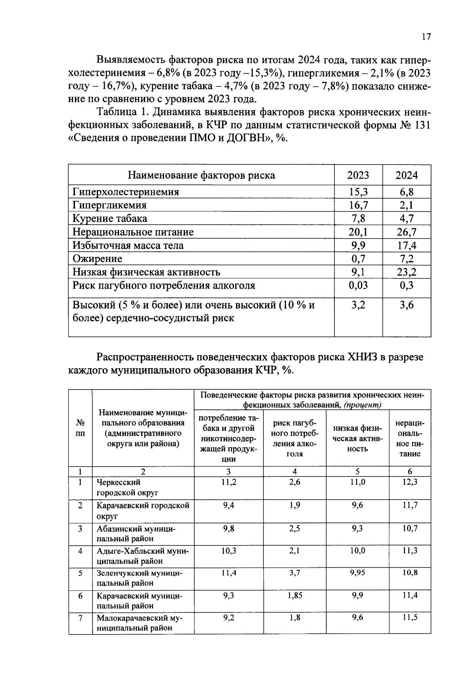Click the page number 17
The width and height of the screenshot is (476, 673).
pos(426,37)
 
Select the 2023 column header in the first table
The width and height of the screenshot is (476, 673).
pos(358,175)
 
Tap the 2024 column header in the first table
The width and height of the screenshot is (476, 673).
pos(407,175)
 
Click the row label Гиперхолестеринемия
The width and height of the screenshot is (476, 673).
pos(126,192)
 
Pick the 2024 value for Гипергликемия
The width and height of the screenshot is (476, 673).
pos(407,205)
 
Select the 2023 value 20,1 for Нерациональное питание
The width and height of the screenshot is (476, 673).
pos(358,232)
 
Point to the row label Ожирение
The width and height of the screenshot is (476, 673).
pos(97,259)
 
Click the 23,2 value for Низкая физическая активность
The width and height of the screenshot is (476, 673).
pos(407,272)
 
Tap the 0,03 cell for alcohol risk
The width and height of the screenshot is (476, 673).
pos(358,285)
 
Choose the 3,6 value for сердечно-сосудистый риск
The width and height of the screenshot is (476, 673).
pos(407,305)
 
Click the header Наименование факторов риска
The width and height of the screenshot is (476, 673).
pos(201,175)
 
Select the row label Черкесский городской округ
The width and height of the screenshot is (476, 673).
pos(127,488)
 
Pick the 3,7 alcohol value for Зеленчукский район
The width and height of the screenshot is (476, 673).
pos(295,573)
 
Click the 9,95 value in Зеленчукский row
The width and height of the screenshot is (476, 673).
pos(357,573)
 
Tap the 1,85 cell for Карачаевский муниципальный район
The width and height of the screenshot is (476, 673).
pos(295,596)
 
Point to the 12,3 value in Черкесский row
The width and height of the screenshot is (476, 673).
pos(410,482)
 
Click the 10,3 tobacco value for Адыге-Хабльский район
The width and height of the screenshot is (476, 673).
pos(229,551)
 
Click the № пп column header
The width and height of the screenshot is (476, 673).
pos(80,428)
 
